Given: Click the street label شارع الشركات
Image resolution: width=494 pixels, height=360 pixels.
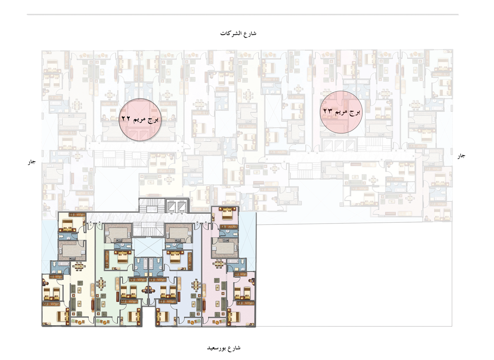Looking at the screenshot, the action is point(238,33).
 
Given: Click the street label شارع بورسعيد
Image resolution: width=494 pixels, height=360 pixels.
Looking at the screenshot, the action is point(224,348).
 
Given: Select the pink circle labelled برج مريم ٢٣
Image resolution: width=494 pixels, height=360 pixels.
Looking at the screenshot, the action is point(341,112).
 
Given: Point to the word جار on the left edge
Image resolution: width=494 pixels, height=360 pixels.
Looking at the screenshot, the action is point(32,162).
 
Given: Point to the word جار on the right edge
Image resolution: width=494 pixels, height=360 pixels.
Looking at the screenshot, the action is point(461,156).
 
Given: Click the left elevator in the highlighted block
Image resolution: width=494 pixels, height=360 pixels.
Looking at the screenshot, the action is point(171,206).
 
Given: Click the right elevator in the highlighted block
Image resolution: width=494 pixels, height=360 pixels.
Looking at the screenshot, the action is point(182,206).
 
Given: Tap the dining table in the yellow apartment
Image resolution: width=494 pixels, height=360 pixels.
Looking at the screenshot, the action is point(79,266).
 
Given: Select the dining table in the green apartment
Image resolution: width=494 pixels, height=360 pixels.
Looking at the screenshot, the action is point(101,284).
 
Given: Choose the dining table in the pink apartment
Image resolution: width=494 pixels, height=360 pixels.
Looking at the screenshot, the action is point(219,263).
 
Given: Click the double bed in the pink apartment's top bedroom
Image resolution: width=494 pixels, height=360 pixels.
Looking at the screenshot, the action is point(227,214).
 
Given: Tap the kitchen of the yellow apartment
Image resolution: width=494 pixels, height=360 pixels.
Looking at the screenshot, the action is point(72,250).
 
